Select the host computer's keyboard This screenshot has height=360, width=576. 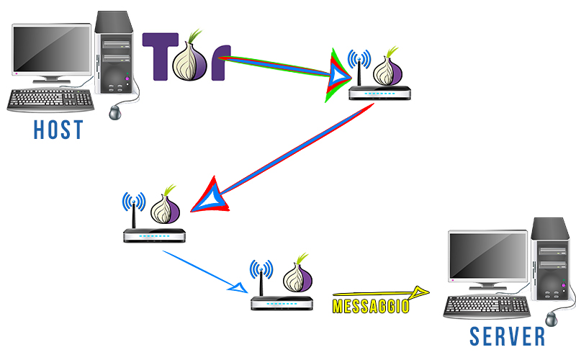pos(50,100)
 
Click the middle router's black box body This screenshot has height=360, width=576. pos(154,235)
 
